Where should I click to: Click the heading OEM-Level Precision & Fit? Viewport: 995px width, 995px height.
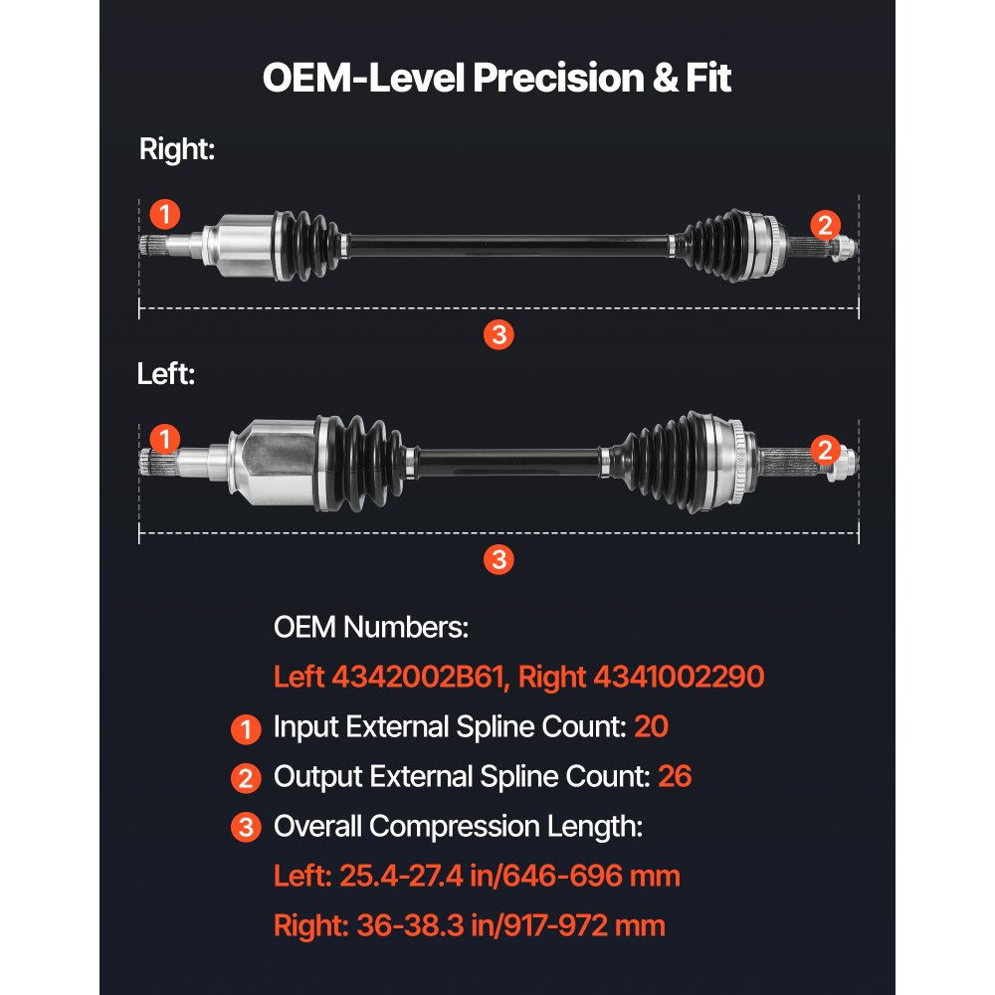[497, 78]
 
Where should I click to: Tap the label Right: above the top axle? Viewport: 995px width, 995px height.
[177, 150]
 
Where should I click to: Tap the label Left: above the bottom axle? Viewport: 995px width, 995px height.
[166, 375]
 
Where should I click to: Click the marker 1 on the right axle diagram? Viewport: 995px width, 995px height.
[165, 214]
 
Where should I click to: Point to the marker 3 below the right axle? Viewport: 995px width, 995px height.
[498, 334]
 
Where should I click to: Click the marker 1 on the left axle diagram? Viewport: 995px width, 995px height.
[165, 439]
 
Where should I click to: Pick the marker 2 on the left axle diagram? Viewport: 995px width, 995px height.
[824, 450]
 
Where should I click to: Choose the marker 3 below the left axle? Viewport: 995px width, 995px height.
[498, 559]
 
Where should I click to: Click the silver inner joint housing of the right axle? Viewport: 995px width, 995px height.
[237, 244]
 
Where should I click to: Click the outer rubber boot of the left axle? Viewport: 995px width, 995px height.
[662, 458]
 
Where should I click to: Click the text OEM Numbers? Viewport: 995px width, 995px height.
[370, 628]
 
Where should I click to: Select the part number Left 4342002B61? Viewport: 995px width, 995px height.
[391, 678]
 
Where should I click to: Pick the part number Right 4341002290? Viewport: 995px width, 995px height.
[642, 678]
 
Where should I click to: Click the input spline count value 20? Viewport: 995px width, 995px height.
[651, 727]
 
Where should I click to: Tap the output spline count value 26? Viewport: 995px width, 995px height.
[674, 777]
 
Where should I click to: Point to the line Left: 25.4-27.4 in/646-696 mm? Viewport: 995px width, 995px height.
[477, 876]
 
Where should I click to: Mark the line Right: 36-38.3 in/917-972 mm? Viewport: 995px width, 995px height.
[470, 925]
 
